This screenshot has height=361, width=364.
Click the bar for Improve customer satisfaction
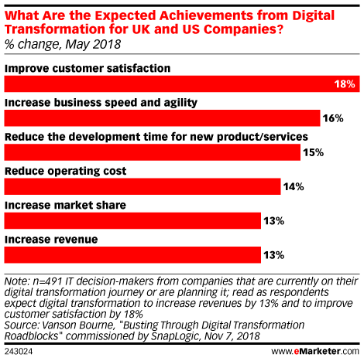pos(182,83)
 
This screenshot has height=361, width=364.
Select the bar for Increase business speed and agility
pos(162,118)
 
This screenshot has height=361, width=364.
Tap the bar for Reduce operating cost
pos(143,186)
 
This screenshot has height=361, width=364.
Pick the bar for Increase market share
pos(132,220)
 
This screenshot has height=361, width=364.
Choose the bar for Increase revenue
pos(132,255)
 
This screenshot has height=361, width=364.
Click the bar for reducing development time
pos(153,152)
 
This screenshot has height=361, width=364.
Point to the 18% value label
pos(345,84)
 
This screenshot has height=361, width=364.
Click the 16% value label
pos(333,118)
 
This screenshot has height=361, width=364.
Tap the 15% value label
pos(314,152)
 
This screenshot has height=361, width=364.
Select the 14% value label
pos(294,186)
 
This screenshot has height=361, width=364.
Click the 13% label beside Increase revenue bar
pos(273,255)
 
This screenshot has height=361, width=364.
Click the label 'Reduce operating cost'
pos(66,171)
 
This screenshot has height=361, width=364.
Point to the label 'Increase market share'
pos(65,205)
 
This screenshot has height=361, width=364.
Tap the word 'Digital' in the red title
pos(313,16)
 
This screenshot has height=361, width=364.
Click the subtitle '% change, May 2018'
pos(63,44)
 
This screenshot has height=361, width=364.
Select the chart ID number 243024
pos(19,352)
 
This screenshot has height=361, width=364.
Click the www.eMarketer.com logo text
pos(315,351)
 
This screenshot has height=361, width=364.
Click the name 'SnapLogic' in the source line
pos(175,336)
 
